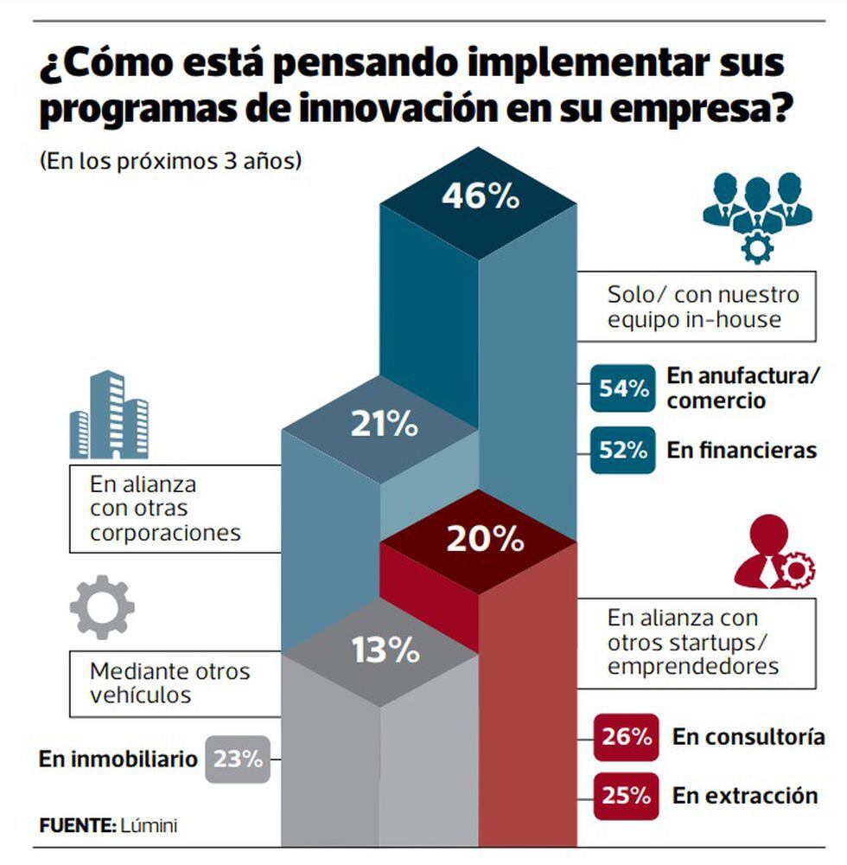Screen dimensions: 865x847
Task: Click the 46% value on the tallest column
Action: (x=481, y=196)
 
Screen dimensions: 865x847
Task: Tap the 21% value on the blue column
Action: (x=384, y=426)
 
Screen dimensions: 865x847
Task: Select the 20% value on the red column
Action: (x=485, y=540)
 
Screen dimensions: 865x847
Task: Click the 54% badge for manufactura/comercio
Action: (x=622, y=388)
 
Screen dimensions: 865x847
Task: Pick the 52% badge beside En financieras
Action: (x=622, y=450)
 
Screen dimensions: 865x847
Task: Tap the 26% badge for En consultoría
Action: (x=627, y=737)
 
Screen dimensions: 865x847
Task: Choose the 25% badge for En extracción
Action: (x=627, y=794)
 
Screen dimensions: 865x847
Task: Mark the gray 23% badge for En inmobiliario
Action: (x=237, y=759)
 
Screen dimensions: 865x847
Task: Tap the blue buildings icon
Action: (x=109, y=416)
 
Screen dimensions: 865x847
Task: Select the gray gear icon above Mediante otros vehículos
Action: (x=102, y=606)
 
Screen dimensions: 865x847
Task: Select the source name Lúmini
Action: (x=149, y=825)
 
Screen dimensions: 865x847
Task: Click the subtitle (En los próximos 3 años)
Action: (x=170, y=162)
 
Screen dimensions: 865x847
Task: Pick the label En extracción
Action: (x=745, y=795)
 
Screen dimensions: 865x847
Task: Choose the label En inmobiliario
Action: (x=118, y=759)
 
